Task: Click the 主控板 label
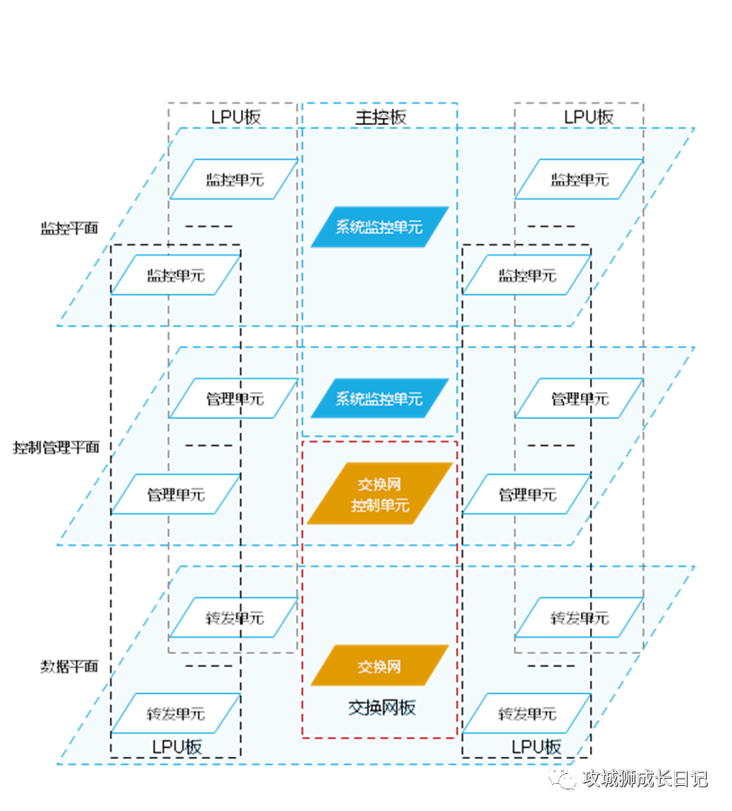point(380,118)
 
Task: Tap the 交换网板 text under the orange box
point(382,708)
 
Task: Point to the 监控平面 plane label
point(69,228)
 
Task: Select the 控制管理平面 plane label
point(56,448)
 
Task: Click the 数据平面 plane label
point(69,666)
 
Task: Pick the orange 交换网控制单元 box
point(380,494)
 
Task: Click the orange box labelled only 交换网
point(379,665)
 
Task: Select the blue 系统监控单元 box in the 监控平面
point(379,227)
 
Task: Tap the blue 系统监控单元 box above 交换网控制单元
point(379,398)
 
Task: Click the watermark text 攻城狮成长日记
point(645,779)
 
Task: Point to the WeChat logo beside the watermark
point(562,779)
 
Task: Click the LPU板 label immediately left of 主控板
point(236,118)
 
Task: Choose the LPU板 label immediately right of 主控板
point(589,118)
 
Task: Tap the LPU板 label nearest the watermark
point(537,747)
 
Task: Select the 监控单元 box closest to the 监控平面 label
point(176,275)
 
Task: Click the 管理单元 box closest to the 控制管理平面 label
point(176,495)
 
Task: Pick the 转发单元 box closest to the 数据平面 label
point(176,714)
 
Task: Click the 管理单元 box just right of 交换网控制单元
point(527,495)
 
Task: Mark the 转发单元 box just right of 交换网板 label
point(527,714)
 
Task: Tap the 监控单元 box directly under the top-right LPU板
point(579,179)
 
